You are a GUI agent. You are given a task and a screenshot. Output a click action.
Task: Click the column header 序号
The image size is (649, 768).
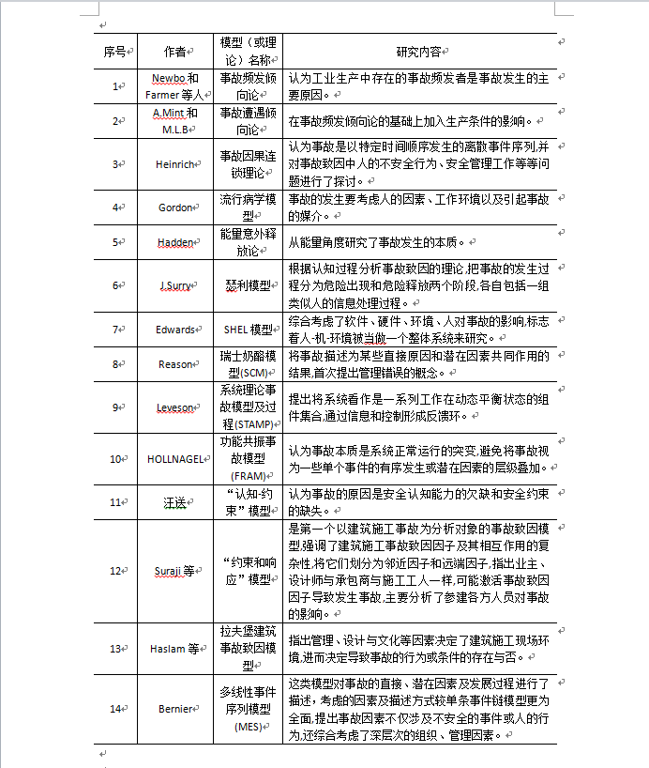click(x=114, y=51)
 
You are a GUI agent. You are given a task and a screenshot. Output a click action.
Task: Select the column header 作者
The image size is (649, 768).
click(x=174, y=51)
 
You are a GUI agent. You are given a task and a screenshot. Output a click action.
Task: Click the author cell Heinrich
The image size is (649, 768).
click(x=174, y=164)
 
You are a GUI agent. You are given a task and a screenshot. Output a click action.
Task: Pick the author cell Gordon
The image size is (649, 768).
click(x=175, y=207)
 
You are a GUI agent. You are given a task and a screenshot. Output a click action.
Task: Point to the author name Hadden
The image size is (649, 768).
click(x=174, y=242)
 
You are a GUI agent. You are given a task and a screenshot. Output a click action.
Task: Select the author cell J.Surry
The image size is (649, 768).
click(x=174, y=284)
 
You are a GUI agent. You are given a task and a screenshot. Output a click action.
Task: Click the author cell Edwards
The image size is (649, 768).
click(x=175, y=330)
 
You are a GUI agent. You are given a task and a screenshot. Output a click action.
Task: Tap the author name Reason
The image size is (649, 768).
click(x=175, y=364)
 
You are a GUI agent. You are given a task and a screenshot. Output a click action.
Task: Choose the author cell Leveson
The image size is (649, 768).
click(x=175, y=407)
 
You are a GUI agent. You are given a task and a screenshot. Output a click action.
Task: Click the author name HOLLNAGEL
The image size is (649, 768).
click(x=174, y=459)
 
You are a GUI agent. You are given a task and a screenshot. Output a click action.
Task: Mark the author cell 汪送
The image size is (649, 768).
click(x=174, y=502)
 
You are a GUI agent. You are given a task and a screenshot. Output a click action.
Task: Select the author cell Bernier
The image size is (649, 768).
click(x=175, y=709)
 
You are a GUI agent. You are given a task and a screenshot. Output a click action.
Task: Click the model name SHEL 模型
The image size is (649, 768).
click(x=248, y=330)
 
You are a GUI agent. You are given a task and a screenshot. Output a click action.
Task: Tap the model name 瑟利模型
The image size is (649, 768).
click(x=248, y=284)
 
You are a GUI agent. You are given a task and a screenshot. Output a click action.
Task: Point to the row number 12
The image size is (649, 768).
click(x=114, y=571)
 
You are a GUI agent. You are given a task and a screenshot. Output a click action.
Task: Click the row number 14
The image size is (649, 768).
click(x=114, y=709)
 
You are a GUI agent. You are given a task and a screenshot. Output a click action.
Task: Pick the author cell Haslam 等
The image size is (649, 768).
click(x=174, y=649)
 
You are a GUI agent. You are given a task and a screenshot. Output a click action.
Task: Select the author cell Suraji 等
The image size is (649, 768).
click(x=174, y=571)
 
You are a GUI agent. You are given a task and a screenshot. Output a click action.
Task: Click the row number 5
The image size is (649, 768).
click(x=116, y=242)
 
